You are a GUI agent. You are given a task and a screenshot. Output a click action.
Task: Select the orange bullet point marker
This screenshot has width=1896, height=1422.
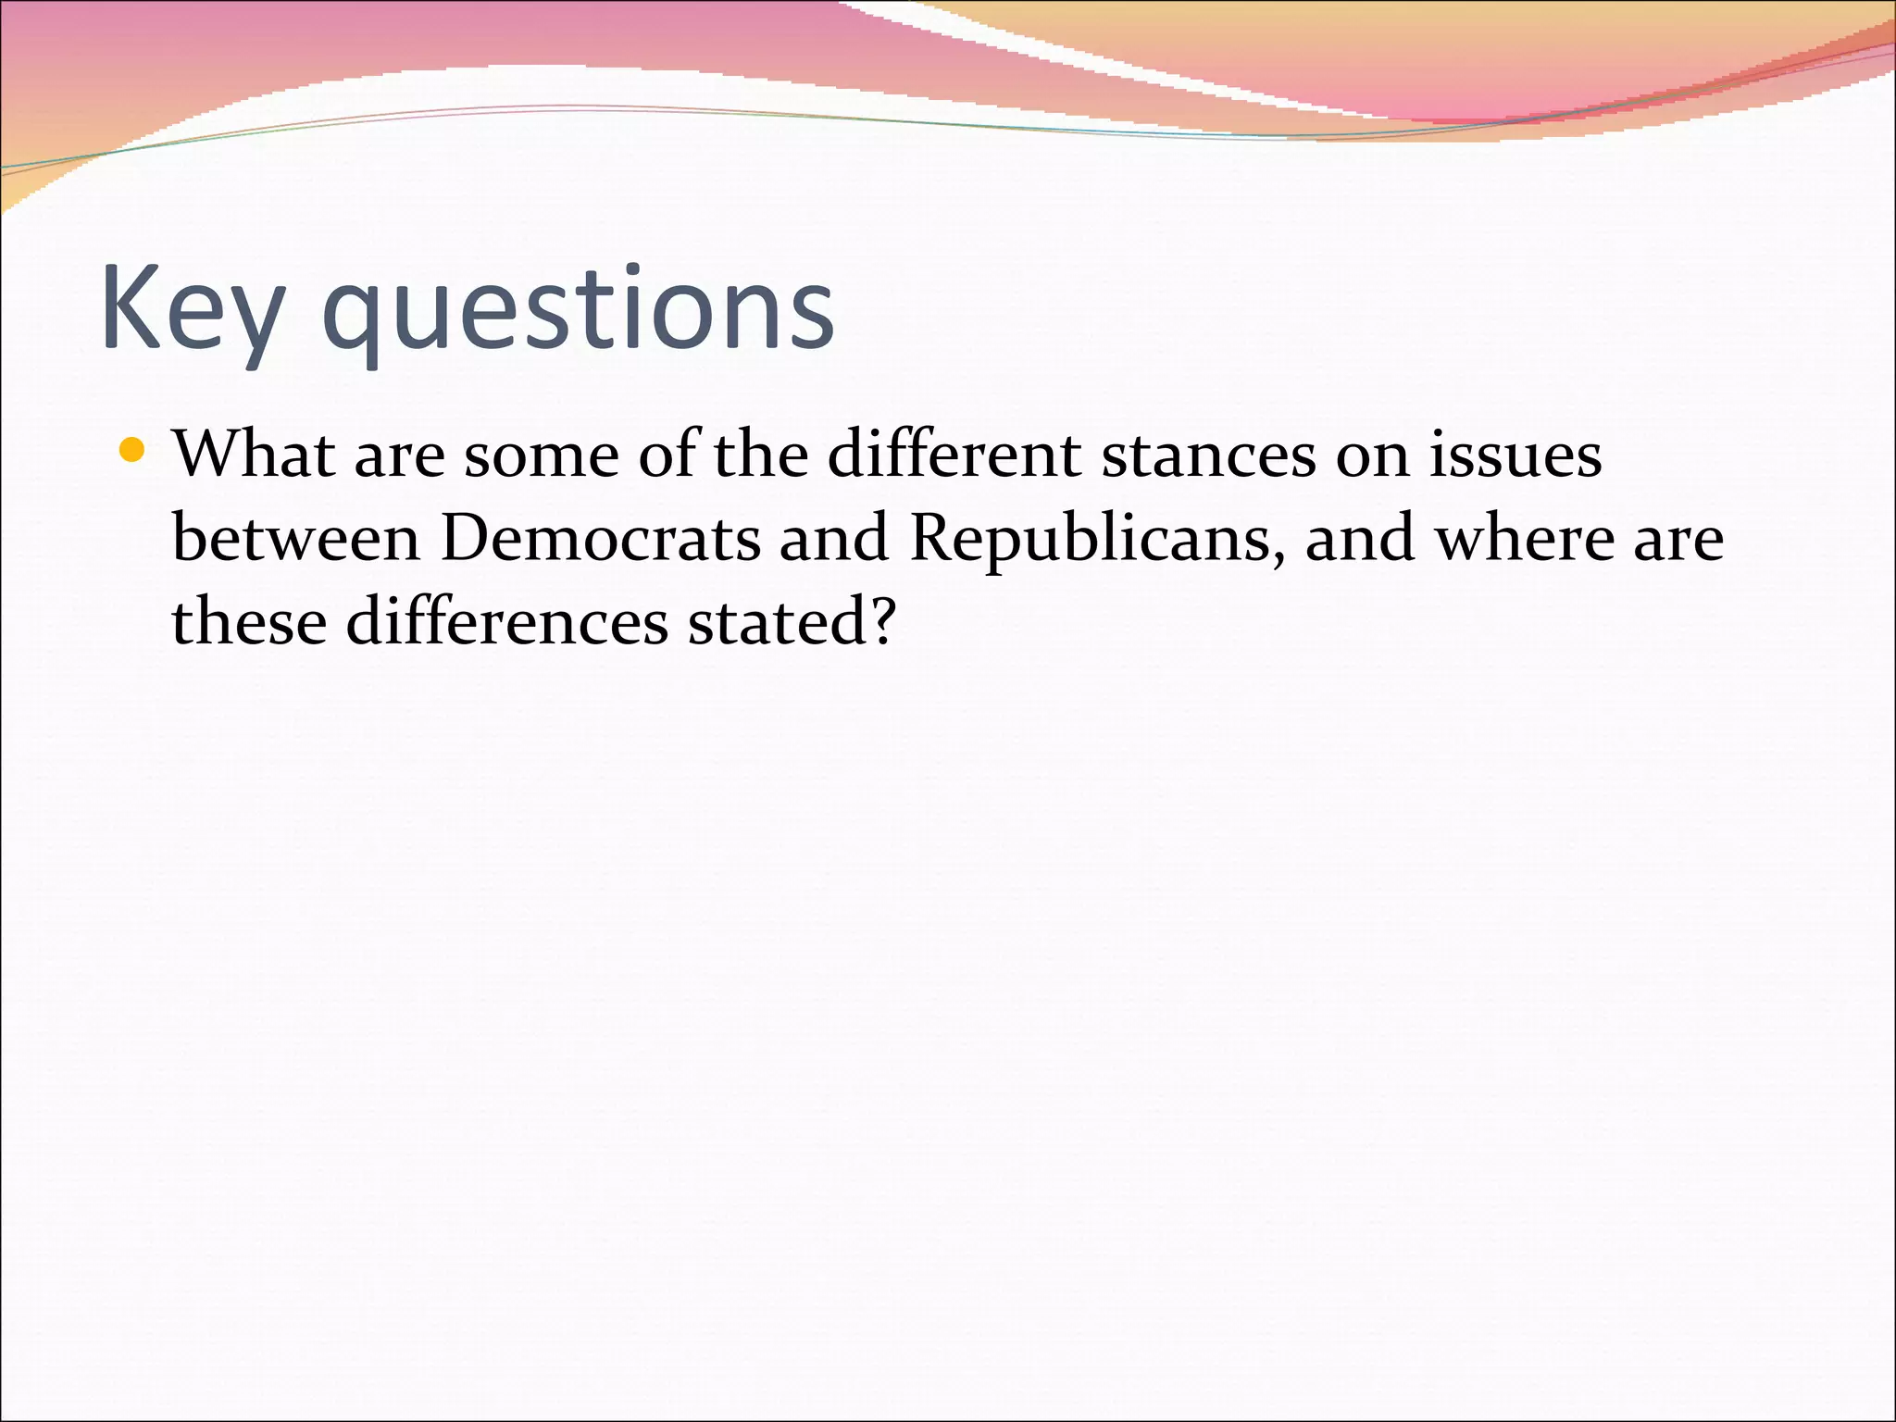click(132, 451)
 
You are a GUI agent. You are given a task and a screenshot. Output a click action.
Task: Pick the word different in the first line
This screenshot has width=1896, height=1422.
click(954, 455)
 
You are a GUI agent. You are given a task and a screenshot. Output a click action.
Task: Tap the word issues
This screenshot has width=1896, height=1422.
click(1515, 455)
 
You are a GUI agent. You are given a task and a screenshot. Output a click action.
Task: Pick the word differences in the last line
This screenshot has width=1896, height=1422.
click(507, 621)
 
